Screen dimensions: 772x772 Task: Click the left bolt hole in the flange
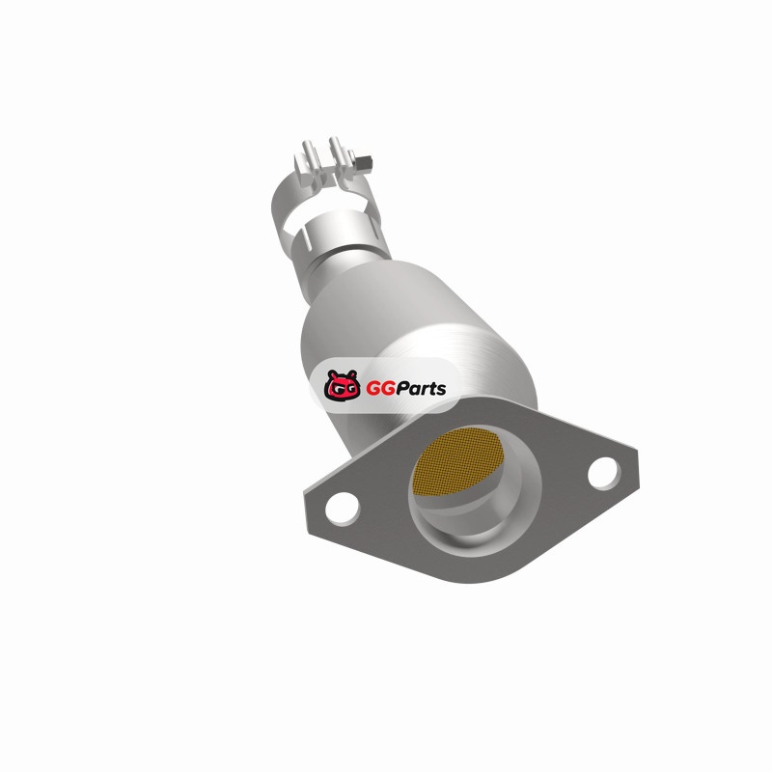(x=343, y=508)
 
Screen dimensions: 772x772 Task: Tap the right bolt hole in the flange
(x=604, y=473)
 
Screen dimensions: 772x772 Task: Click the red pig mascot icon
(x=342, y=385)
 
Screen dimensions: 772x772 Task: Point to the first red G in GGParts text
(x=372, y=389)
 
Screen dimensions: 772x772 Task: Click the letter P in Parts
(x=403, y=389)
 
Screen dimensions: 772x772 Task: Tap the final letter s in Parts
(x=440, y=391)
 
